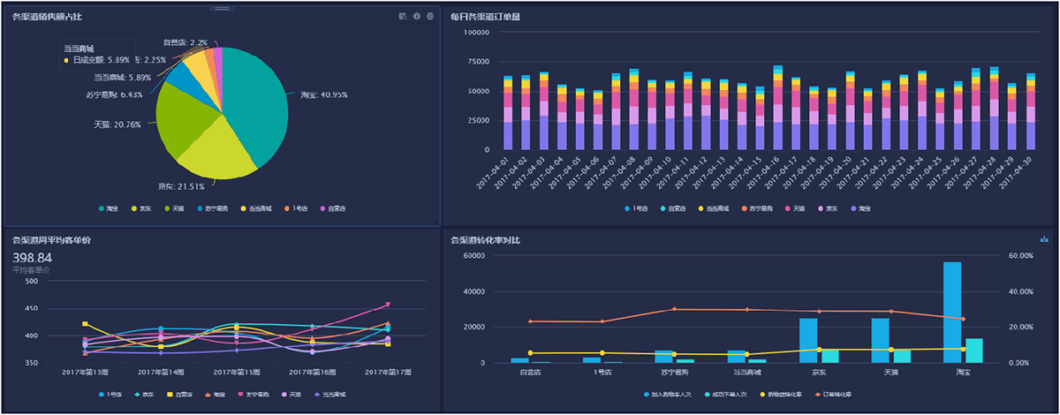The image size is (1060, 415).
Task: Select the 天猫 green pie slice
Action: point(181,115)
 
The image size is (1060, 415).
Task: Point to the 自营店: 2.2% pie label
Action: point(185,42)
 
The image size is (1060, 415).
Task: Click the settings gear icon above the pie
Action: point(430,17)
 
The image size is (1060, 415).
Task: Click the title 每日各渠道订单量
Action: point(483,17)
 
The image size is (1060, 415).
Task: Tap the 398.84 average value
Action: point(33,258)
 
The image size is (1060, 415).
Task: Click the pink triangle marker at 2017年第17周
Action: point(387,306)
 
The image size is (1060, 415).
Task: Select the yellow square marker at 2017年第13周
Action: point(85,324)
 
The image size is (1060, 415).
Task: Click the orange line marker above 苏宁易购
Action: point(674,309)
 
